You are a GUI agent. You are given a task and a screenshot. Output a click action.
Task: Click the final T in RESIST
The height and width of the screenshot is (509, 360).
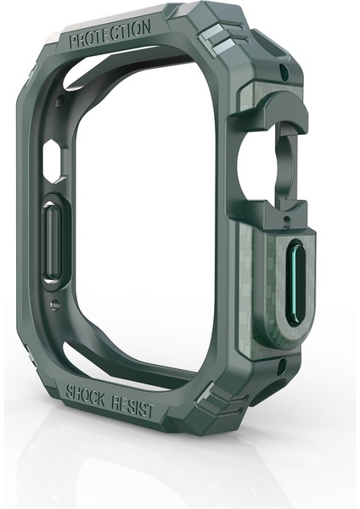pos(151,411)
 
